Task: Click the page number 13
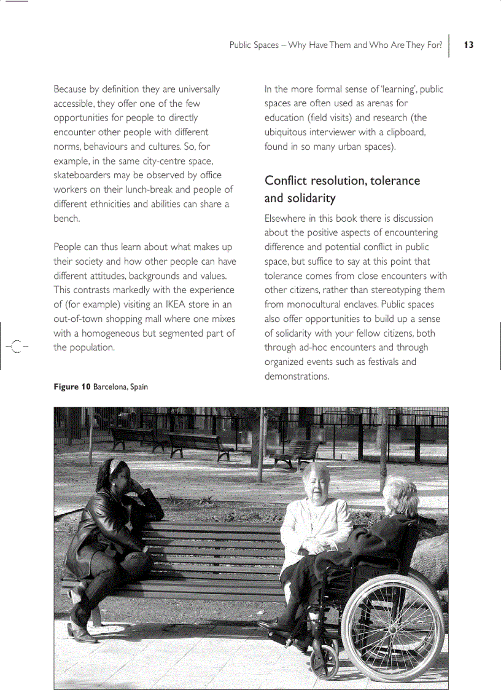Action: coord(469,45)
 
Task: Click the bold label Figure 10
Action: coord(72,387)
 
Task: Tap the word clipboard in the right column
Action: coord(406,132)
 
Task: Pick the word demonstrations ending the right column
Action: coord(296,376)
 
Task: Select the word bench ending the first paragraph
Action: coord(66,218)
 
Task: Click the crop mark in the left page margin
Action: coord(17,347)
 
